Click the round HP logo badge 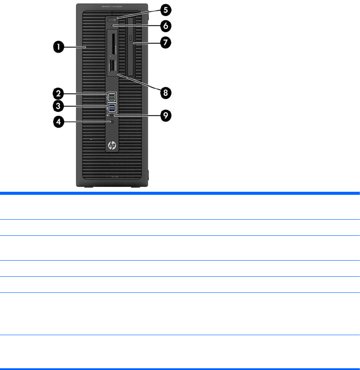[x=112, y=145]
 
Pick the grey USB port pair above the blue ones [x=112, y=96]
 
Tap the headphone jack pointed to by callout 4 [x=113, y=122]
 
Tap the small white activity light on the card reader [x=110, y=56]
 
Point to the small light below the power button [x=112, y=26]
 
